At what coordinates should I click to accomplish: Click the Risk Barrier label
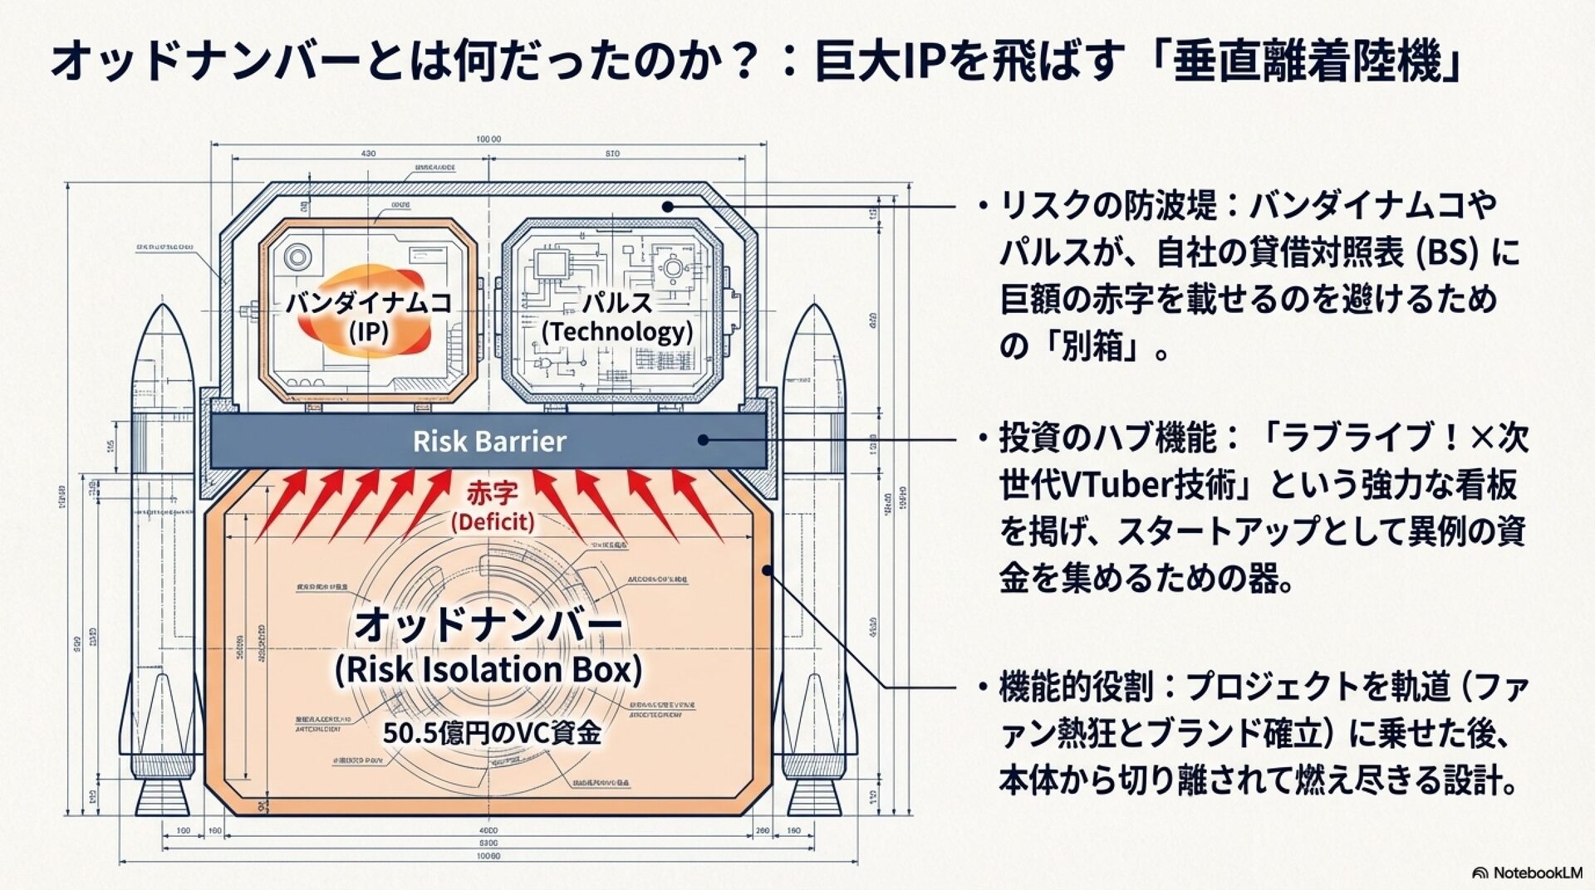coord(489,441)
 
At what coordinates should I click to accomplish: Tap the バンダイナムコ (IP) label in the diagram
coord(369,316)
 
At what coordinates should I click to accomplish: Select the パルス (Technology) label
coord(617,316)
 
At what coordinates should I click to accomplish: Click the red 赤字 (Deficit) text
coord(492,506)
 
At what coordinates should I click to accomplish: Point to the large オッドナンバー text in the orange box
coord(488,625)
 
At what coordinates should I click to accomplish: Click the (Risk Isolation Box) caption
coord(488,670)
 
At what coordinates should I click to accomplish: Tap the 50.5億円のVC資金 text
coord(492,733)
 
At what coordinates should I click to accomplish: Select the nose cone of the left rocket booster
coord(162,332)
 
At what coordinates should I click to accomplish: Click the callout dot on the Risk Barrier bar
coord(704,440)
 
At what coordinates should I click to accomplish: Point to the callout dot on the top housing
coord(667,206)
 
